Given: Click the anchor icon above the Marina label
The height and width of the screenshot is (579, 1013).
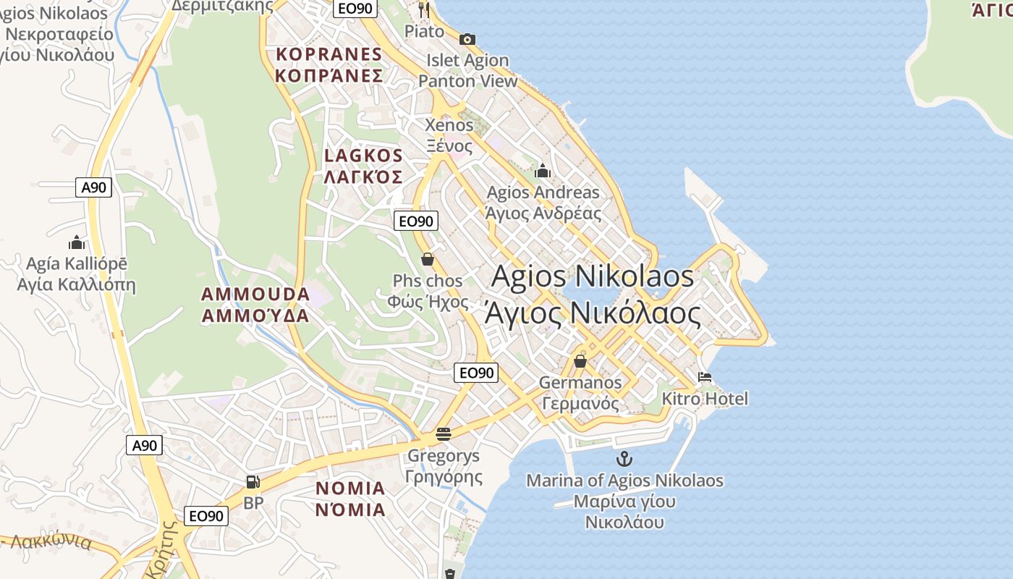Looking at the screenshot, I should pyautogui.click(x=624, y=458).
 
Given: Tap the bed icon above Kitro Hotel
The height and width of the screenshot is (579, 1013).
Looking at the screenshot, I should pyautogui.click(x=705, y=377).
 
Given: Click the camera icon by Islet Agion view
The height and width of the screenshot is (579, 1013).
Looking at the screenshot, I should pyautogui.click(x=467, y=39).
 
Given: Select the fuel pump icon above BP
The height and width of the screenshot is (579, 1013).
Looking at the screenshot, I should pyautogui.click(x=253, y=481).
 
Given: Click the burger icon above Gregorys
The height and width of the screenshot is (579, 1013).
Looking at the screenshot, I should pyautogui.click(x=444, y=434).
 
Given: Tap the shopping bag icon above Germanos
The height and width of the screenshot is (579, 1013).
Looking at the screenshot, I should pyautogui.click(x=580, y=360).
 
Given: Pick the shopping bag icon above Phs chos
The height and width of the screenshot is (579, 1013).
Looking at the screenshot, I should pyautogui.click(x=428, y=259).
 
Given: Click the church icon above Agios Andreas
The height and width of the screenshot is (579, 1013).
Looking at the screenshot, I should pyautogui.click(x=543, y=172).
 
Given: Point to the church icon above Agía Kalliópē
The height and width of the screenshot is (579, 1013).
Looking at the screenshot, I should pyautogui.click(x=76, y=242).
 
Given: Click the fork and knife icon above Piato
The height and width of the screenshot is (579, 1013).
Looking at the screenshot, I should pyautogui.click(x=424, y=9).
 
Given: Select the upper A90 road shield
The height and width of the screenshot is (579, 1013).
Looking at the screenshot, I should pyautogui.click(x=93, y=187).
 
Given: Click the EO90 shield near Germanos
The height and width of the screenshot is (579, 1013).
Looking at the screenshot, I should pyautogui.click(x=476, y=373).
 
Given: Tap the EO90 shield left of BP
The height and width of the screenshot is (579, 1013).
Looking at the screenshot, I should pyautogui.click(x=206, y=515).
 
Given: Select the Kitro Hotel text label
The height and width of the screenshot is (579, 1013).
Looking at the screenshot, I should pyautogui.click(x=705, y=398).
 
